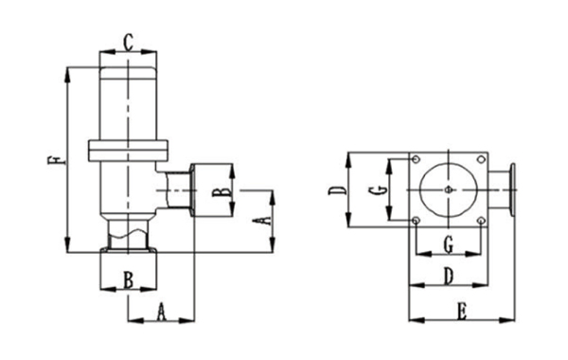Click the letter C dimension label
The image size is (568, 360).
(128, 42)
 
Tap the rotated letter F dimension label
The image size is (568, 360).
(56, 159)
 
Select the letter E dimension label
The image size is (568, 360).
(462, 312)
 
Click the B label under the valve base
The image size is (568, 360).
(128, 279)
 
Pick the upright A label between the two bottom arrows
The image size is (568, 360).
(161, 313)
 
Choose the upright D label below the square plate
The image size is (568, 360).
(449, 277)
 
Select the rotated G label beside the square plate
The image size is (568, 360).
(378, 190)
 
